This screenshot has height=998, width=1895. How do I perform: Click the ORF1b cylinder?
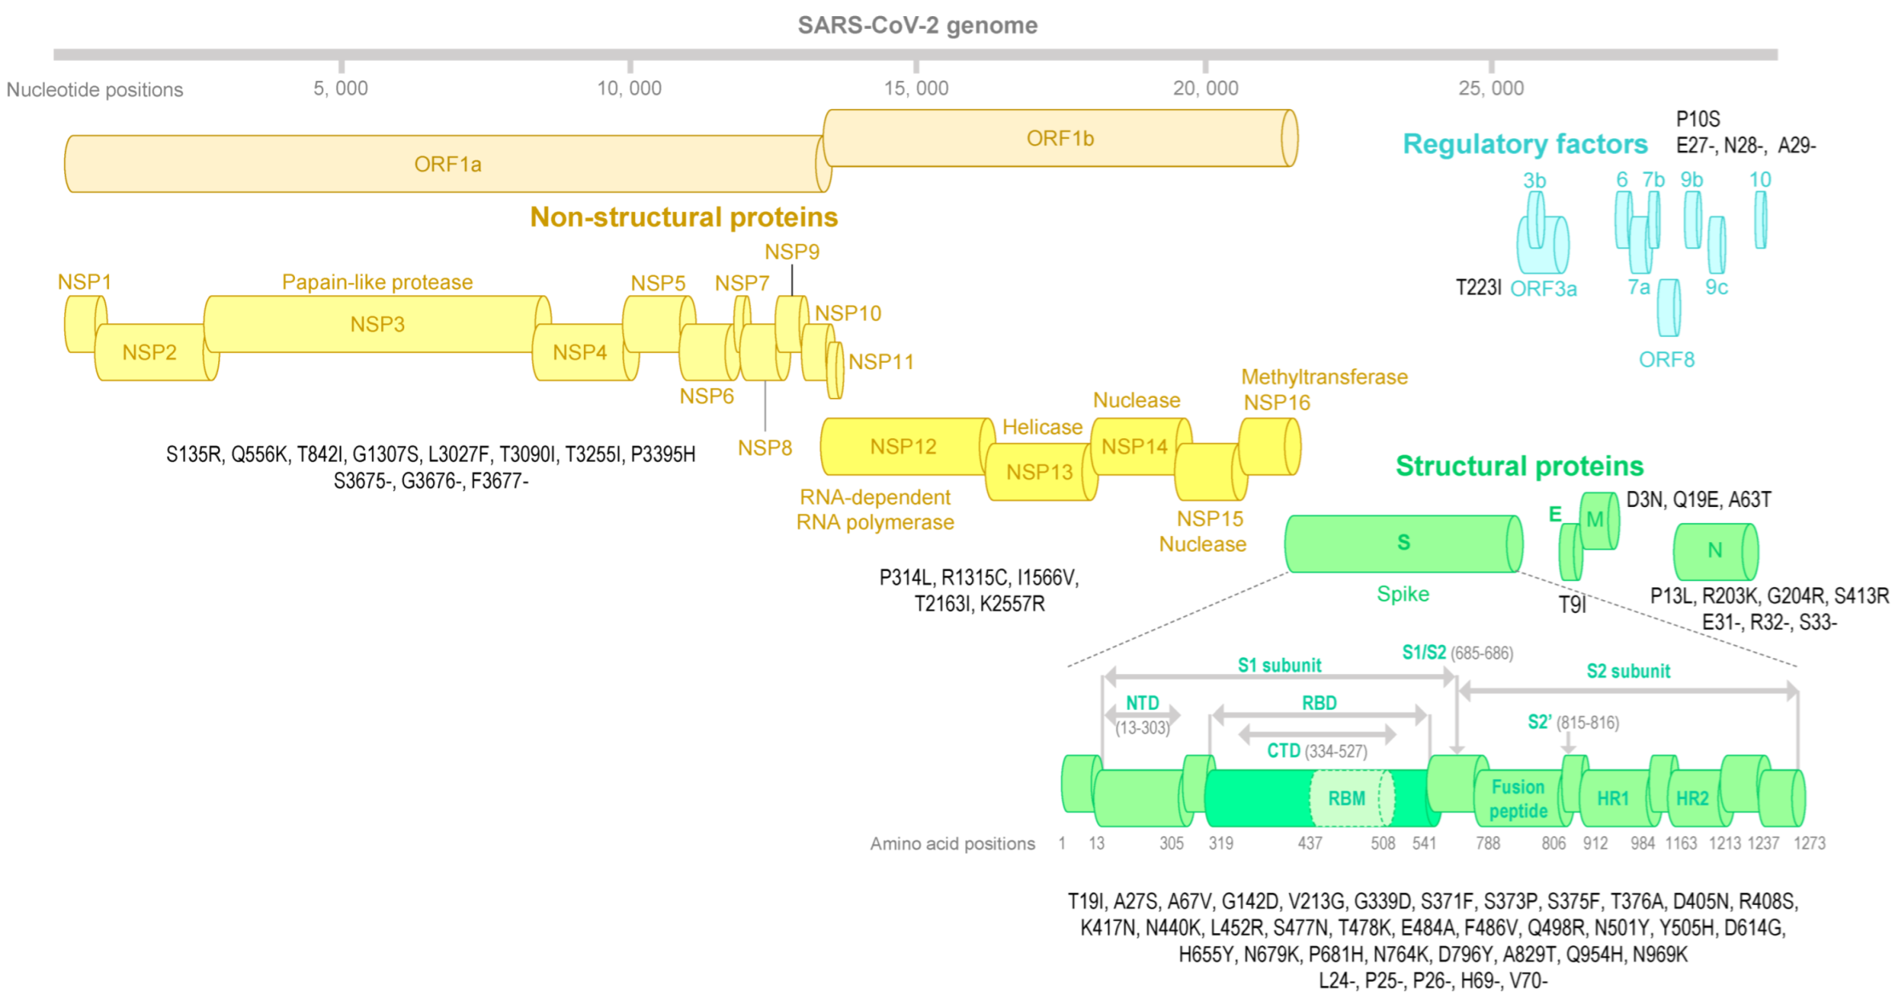coord(1060,138)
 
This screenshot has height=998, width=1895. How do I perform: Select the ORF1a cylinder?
coord(447,164)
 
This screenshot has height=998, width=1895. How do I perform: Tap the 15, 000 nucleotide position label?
coord(916,88)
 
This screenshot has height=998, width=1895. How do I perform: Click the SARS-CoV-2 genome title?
coord(917,26)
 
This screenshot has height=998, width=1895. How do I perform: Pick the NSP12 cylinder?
coord(903,446)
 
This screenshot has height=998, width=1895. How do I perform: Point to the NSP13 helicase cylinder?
coord(1039,472)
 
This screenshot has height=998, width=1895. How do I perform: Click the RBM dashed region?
coord(1347,798)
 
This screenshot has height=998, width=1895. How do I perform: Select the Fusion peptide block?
coord(1518,798)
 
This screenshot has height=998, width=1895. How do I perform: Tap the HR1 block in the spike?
coord(1613,798)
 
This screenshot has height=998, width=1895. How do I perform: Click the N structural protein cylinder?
coord(1715,550)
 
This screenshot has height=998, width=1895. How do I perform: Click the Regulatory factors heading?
coord(1525,144)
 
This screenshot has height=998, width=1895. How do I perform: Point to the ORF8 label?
coord(1666,359)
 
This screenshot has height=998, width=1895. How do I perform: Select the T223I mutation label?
coord(1478,288)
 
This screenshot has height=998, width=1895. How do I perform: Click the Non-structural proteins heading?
coord(683,217)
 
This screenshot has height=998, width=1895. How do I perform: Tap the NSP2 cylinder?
coord(149,352)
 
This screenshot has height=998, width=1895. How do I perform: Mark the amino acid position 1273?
coord(1809,843)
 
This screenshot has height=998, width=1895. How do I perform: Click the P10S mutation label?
coord(1698,120)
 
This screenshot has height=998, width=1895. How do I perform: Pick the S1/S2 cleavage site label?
coord(1424,652)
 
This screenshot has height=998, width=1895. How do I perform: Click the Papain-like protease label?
coord(377,282)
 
